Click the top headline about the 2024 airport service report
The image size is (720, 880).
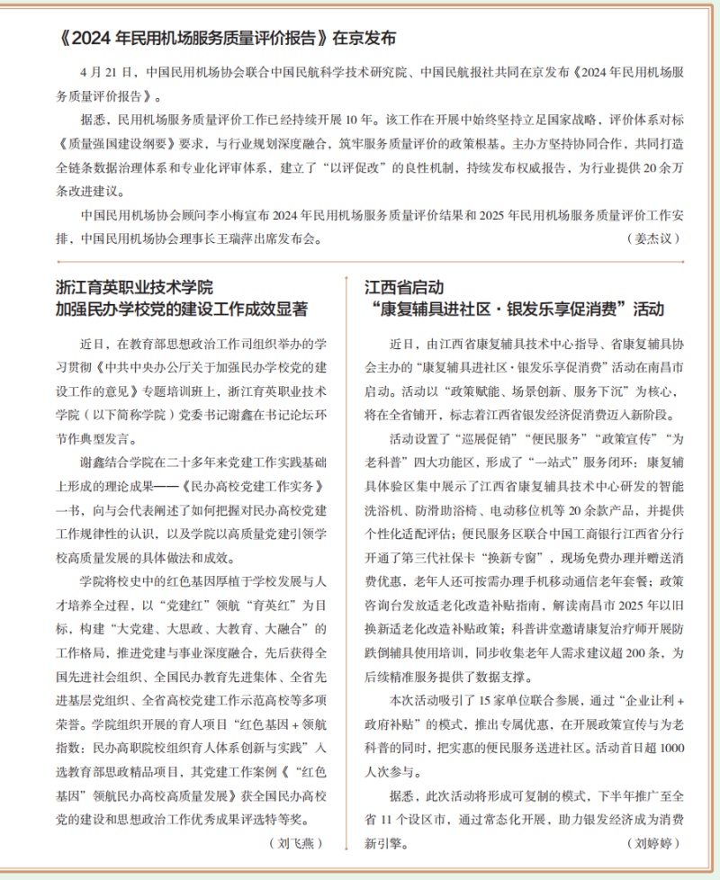pos(225,39)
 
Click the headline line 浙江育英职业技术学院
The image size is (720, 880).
pos(135,288)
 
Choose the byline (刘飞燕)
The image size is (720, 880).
pos(294,843)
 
